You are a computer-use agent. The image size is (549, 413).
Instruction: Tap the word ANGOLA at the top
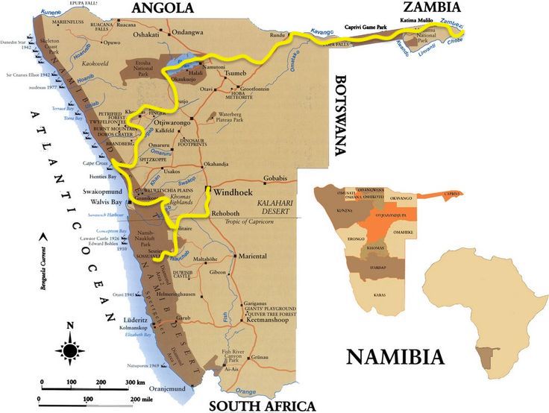coord(163,8)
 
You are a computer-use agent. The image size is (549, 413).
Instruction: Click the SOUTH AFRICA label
coord(262,406)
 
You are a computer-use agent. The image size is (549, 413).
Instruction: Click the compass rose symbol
coord(70,350)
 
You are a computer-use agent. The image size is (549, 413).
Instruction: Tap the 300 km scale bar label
coord(135,382)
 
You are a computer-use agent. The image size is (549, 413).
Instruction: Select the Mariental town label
coord(252,256)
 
